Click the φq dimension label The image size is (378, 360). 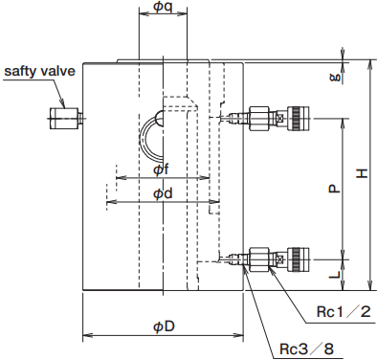click(x=163, y=6)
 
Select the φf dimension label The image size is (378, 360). click(x=161, y=169)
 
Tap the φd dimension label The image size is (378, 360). click(x=163, y=193)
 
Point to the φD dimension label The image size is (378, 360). click(x=164, y=326)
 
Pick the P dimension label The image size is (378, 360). click(x=334, y=189)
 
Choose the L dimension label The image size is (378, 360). click(x=334, y=274)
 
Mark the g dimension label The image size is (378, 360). click(x=336, y=77)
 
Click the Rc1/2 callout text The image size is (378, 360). click(x=344, y=311)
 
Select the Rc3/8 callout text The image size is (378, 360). click(x=306, y=349)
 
